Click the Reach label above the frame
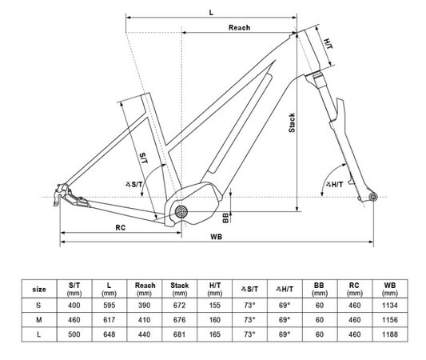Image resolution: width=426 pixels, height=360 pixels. (x=239, y=28)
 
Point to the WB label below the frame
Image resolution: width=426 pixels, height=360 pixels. (x=217, y=238)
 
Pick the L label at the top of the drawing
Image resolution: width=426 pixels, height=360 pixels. (x=210, y=12)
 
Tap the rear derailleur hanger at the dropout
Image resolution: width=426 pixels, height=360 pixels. (x=58, y=194)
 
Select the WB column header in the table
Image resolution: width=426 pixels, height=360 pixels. (x=389, y=287)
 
